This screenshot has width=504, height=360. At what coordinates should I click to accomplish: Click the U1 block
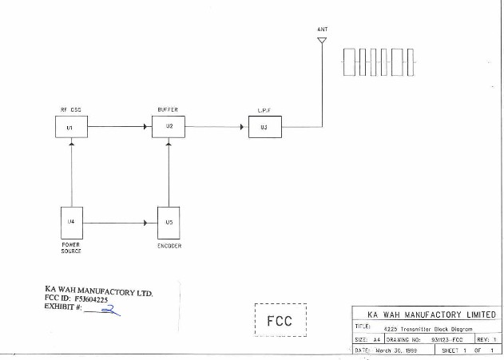coord(71,127)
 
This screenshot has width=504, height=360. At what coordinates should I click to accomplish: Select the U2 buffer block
coord(169,126)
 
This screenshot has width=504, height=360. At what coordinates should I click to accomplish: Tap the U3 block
coord(264,127)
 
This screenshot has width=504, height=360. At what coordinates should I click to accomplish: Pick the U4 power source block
coord(72,221)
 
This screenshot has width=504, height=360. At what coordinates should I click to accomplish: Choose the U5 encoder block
coord(169,223)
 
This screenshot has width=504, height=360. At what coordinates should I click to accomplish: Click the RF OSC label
coord(70,109)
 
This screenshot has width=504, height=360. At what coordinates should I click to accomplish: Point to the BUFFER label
coord(168,109)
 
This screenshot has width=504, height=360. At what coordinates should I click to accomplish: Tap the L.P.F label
coord(264,109)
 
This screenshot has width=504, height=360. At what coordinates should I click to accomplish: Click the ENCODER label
coord(169,246)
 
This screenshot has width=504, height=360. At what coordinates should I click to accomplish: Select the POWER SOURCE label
coord(71,247)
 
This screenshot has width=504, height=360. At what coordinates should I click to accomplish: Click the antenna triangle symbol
coord(322,42)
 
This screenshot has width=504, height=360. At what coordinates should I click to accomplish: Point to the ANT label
coord(322,30)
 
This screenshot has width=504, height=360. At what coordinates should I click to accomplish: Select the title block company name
coord(426,315)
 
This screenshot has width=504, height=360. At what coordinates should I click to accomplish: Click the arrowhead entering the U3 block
coord(243,126)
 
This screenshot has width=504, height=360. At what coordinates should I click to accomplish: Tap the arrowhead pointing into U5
coord(146,223)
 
